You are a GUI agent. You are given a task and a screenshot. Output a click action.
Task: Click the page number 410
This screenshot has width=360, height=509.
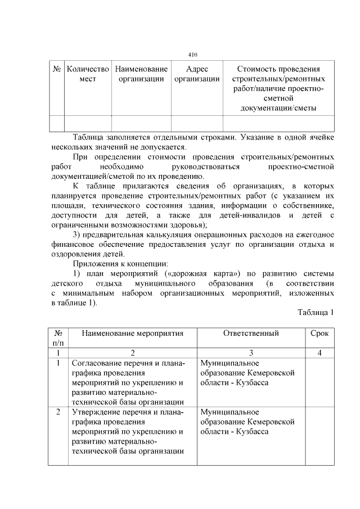click(192, 54)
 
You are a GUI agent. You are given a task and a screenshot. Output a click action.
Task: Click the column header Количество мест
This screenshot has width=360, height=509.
click(88, 74)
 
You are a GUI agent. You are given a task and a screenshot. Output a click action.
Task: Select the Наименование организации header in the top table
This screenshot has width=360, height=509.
click(141, 74)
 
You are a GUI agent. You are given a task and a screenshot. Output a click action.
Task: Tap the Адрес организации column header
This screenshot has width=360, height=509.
click(196, 74)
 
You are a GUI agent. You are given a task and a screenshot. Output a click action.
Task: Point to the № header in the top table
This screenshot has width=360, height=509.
click(57, 69)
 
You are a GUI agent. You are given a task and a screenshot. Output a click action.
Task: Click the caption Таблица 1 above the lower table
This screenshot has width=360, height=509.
click(316, 313)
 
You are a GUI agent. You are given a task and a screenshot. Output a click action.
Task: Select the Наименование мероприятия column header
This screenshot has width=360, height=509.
click(133, 334)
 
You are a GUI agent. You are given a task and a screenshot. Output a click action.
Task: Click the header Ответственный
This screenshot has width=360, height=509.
click(251, 334)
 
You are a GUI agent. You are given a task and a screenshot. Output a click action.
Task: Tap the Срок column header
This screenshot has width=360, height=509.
click(319, 334)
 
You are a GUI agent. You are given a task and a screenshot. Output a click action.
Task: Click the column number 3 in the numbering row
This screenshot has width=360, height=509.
click(251, 353)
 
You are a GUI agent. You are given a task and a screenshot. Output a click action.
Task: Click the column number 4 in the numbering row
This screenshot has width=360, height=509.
click(319, 353)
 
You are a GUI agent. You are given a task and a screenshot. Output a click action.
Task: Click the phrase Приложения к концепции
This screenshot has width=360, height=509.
click(120, 263)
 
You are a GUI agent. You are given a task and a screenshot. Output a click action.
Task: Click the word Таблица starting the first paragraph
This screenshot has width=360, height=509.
click(89, 137)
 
